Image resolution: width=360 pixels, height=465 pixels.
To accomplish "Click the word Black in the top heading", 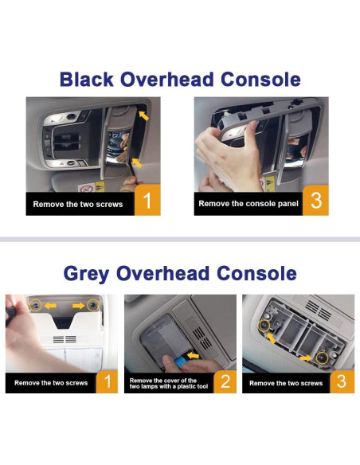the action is (87, 79).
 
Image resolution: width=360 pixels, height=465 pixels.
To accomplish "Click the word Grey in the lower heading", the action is (86, 273).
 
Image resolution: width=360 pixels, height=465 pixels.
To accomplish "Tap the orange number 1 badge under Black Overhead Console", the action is (147, 200).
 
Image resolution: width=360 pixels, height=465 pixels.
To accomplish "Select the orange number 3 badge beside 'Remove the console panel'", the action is (315, 200).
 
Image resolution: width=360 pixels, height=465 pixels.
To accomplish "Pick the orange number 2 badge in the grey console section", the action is (225, 381).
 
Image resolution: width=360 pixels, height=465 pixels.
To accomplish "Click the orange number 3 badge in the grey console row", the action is (342, 381).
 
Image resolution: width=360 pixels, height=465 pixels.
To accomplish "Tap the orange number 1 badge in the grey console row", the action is (107, 381).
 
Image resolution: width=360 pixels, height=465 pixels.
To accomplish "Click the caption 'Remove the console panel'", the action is (248, 204).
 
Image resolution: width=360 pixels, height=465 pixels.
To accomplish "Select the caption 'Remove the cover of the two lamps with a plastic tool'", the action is (169, 384).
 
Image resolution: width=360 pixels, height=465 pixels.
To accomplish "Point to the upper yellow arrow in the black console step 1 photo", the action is (144, 115).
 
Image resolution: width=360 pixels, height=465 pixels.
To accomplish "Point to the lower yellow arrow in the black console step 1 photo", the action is (137, 162).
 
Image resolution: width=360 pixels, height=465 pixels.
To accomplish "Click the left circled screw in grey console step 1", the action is (36, 305).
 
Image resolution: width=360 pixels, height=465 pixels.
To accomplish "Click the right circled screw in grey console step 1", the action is (93, 305).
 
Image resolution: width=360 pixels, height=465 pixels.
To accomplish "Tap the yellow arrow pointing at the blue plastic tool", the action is (194, 355).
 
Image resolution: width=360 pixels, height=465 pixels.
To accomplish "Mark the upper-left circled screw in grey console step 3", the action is (264, 326).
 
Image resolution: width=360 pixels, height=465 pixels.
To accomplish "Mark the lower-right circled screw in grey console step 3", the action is (322, 358).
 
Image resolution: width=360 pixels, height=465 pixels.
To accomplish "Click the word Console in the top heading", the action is (260, 79).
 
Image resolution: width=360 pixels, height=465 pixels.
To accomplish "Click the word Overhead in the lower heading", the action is (162, 273).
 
